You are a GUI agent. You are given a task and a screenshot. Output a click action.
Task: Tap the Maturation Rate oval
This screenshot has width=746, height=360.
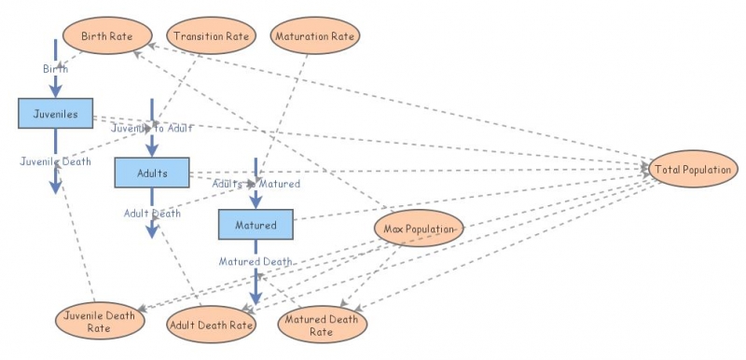315,37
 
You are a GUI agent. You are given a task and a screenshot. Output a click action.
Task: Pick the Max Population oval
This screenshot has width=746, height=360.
419,228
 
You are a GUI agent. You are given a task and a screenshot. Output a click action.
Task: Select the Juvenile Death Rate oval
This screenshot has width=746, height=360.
100,321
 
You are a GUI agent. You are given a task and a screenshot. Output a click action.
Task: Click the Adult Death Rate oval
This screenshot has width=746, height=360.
212,325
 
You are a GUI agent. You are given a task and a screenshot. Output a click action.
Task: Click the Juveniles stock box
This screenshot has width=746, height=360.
55,114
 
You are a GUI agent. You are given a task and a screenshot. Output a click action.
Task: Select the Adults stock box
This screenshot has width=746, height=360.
152,173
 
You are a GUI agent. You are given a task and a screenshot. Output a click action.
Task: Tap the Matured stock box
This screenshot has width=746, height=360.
256,225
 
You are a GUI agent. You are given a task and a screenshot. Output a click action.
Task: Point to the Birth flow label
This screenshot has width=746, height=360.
55,68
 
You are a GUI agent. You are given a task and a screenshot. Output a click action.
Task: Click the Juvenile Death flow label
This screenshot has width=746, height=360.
55,161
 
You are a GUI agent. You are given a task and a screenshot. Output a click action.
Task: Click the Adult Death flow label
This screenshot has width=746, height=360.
152,214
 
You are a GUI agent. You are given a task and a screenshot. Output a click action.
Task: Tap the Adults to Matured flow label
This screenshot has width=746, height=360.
256,184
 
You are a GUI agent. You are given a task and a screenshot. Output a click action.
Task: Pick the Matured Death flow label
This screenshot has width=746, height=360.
256,261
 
